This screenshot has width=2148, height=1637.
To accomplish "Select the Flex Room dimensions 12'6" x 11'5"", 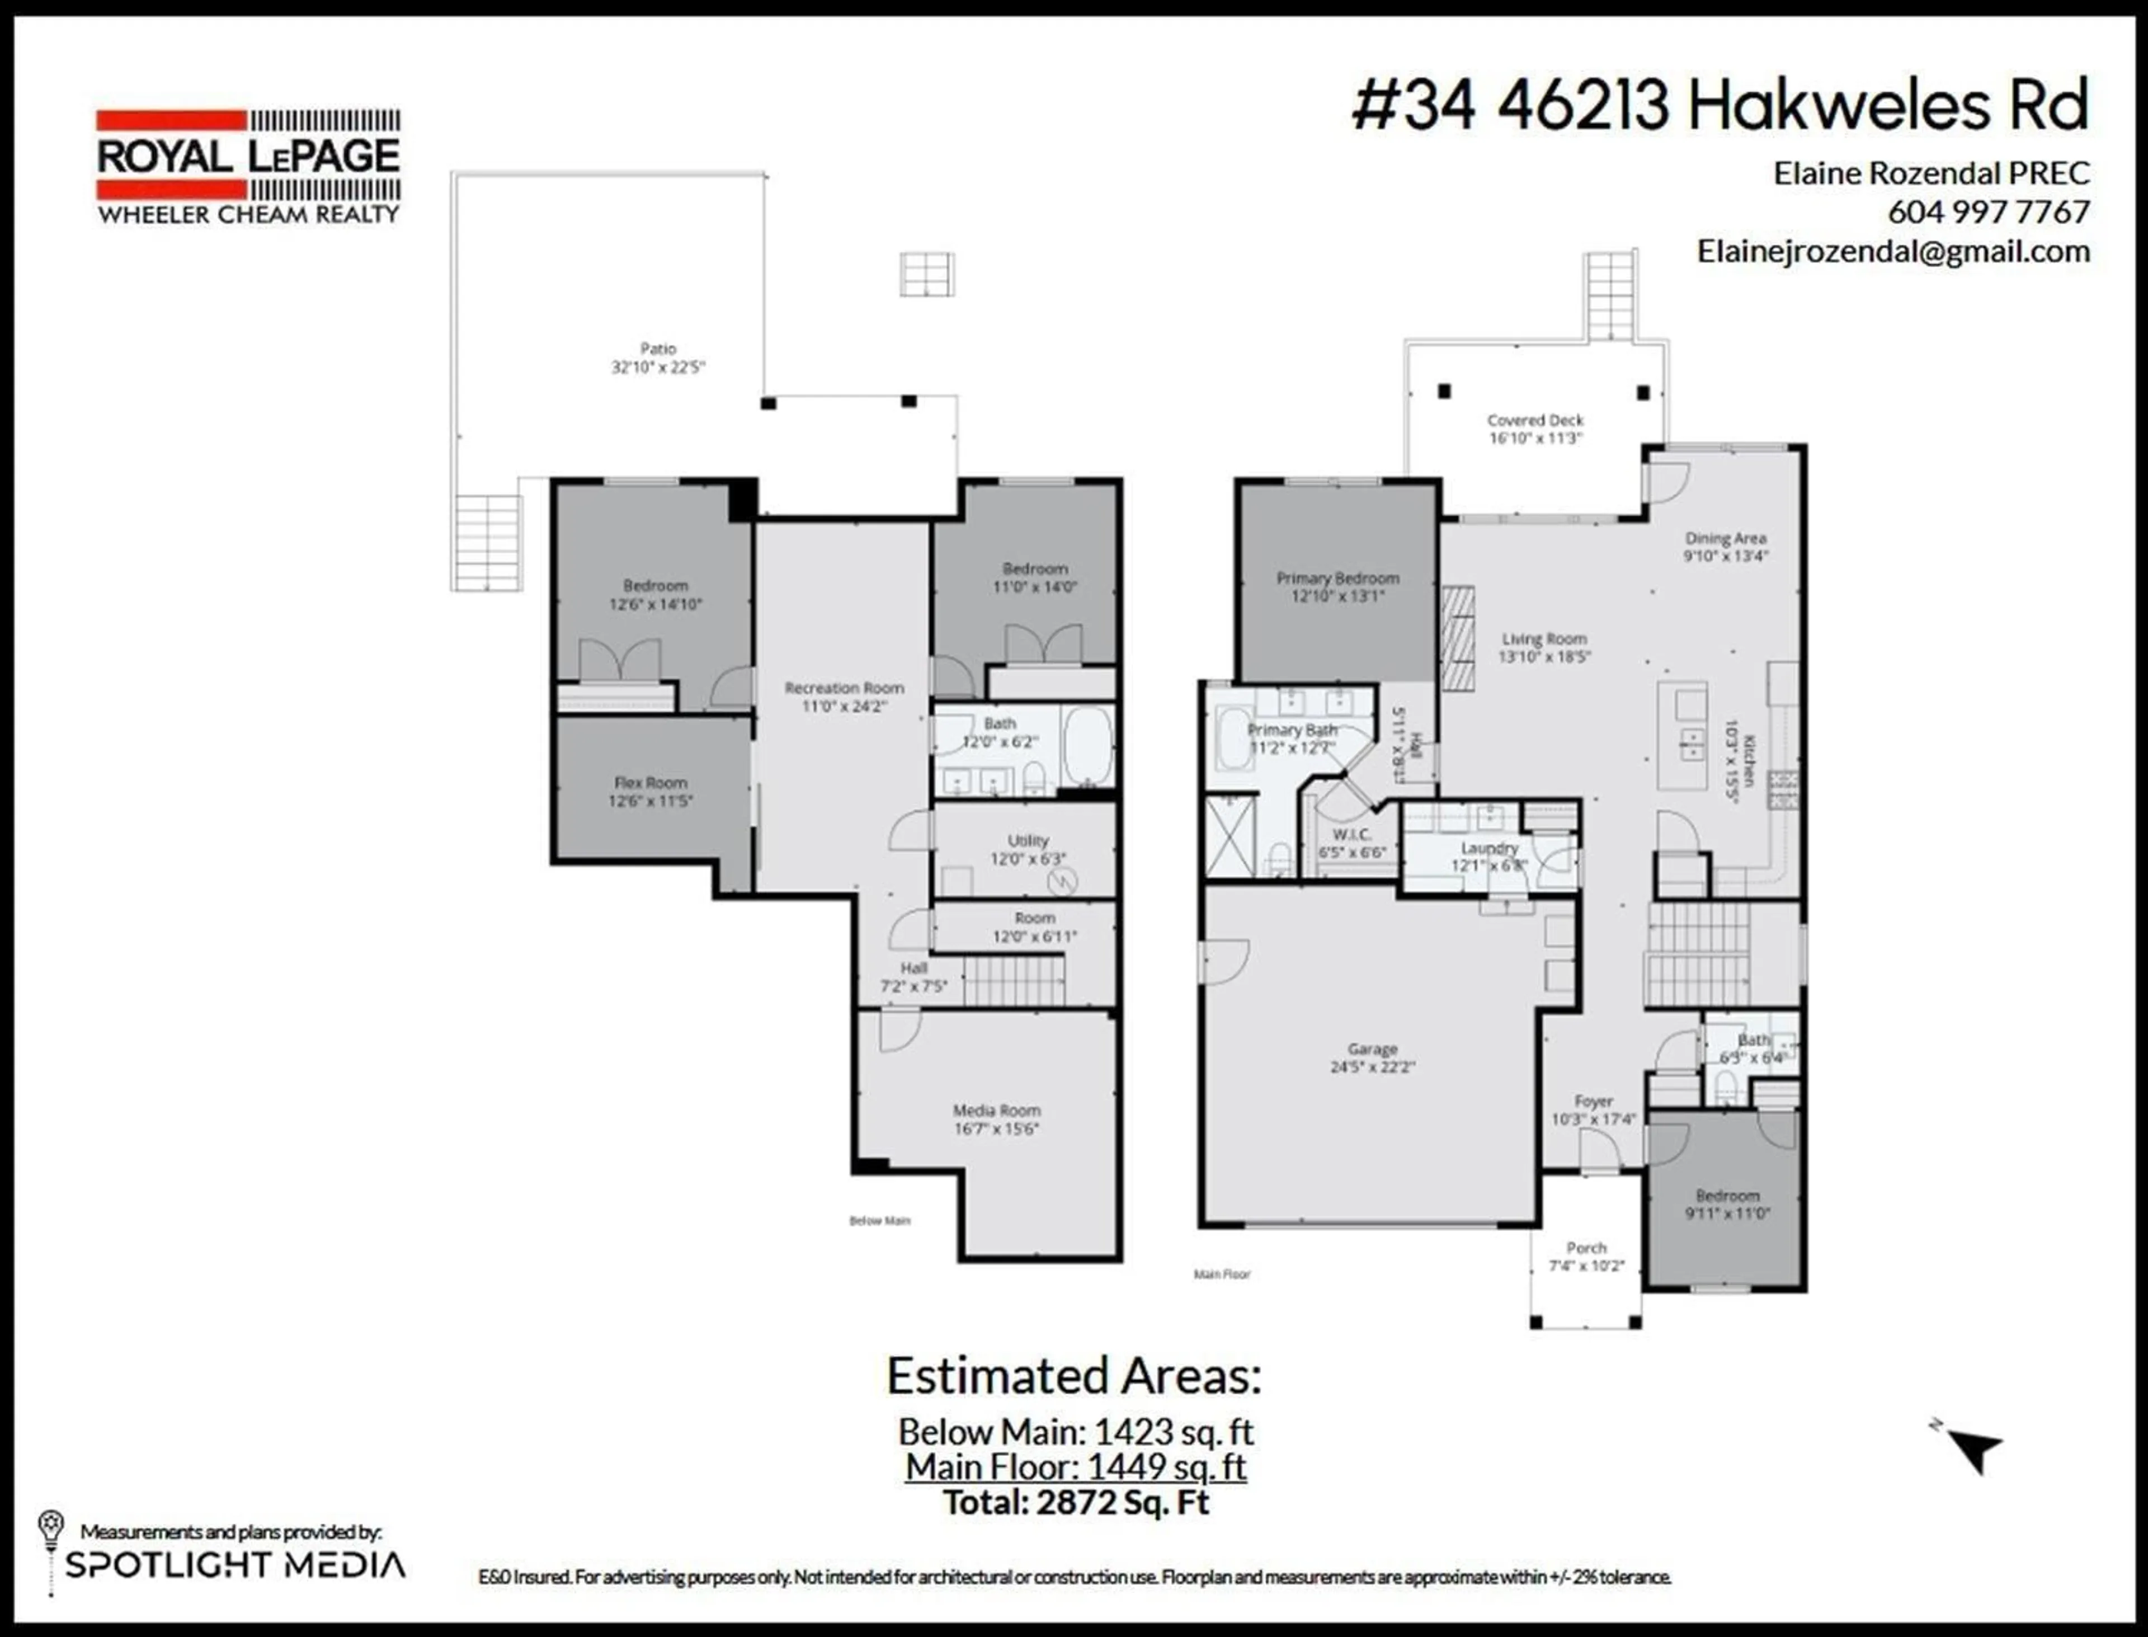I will pos(650,801).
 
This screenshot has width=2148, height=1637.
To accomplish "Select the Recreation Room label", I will pos(844,688).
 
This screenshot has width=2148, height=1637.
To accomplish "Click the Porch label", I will pos(1586,1247).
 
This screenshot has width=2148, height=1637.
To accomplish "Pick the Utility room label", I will pos(1028,840).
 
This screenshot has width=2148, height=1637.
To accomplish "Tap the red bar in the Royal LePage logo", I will pos(171,121).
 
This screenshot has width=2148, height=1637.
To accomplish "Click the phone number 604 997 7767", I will pos(1988,211).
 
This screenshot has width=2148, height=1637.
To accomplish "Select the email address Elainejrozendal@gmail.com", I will pos(1893,251).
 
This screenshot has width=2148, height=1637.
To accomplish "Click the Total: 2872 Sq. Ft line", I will pos(1076,1502).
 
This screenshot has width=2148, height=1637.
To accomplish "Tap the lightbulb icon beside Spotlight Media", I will pos(51,1526).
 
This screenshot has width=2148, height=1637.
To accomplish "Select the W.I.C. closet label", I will pos(1351,834).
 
